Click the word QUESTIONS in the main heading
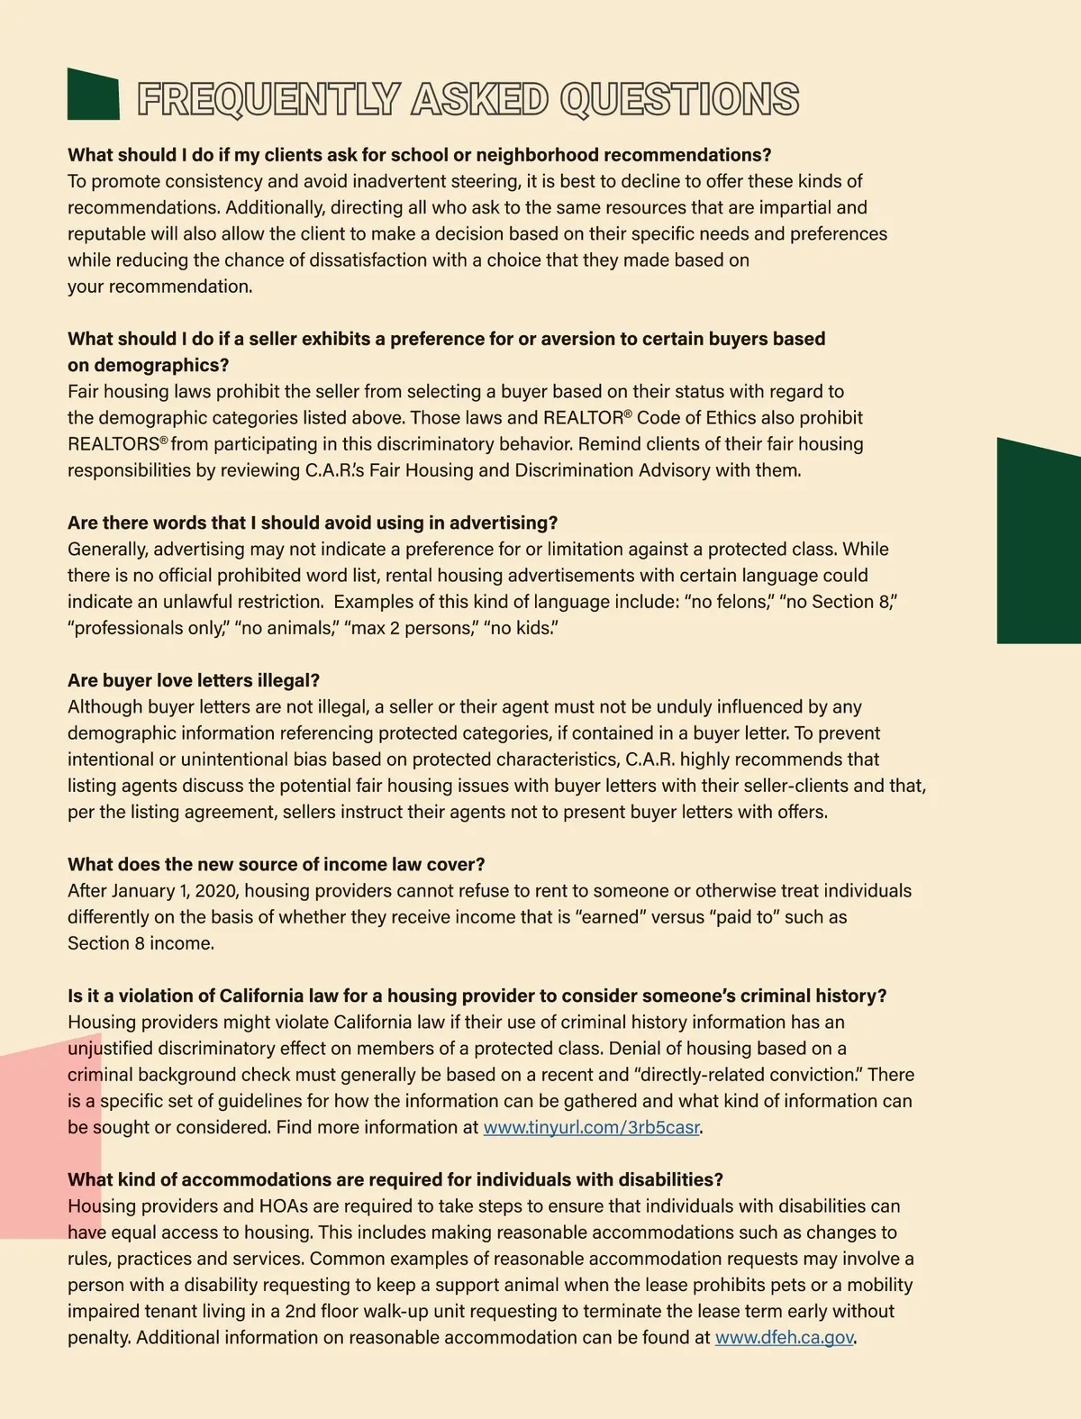[679, 99]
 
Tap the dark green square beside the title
[93, 94]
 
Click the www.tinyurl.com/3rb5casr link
[591, 1127]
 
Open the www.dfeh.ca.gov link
[784, 1337]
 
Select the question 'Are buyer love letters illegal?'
[194, 680]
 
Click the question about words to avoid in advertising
[313, 523]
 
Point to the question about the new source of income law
[277, 864]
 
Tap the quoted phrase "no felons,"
[732, 601]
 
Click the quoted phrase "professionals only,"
[148, 628]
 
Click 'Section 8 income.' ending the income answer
[141, 943]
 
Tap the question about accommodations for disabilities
[395, 1179]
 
